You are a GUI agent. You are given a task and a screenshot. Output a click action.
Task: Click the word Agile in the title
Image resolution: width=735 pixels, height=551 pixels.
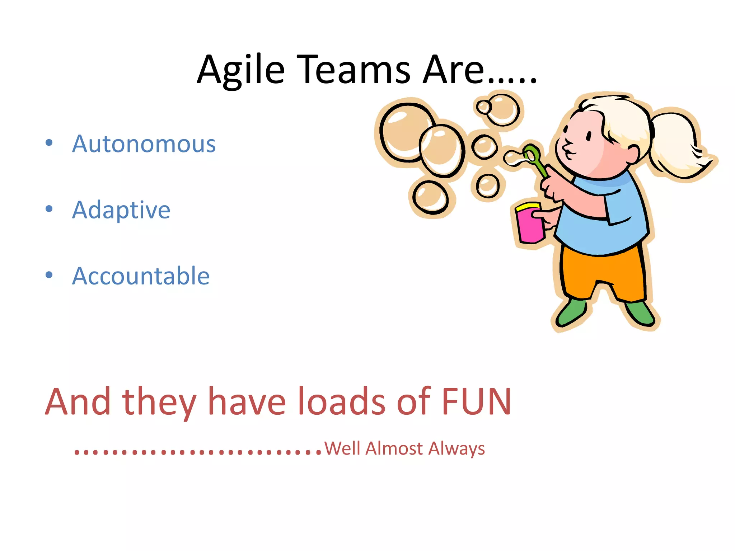(240, 70)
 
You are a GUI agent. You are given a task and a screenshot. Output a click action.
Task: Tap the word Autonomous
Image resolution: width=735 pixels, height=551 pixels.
(144, 144)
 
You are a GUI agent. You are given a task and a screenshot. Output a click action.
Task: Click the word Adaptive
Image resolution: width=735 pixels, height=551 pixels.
(121, 210)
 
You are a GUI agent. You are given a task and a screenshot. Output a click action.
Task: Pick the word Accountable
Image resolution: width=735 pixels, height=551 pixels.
(141, 276)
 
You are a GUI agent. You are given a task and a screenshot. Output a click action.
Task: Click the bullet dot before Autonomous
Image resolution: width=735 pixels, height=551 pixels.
(49, 143)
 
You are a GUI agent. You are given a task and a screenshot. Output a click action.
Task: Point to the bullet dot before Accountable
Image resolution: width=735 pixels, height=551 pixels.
(49, 275)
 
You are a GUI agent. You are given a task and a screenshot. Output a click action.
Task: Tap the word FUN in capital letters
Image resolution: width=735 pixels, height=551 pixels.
(476, 402)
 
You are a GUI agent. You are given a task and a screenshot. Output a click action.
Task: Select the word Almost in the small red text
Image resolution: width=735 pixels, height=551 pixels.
(394, 448)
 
